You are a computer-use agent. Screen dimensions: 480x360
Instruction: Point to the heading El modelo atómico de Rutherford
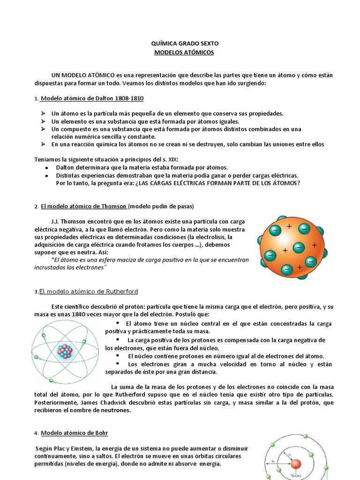(89, 292)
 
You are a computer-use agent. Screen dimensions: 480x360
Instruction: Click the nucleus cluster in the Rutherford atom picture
(65, 351)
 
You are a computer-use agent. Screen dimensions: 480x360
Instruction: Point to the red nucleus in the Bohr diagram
(296, 465)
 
